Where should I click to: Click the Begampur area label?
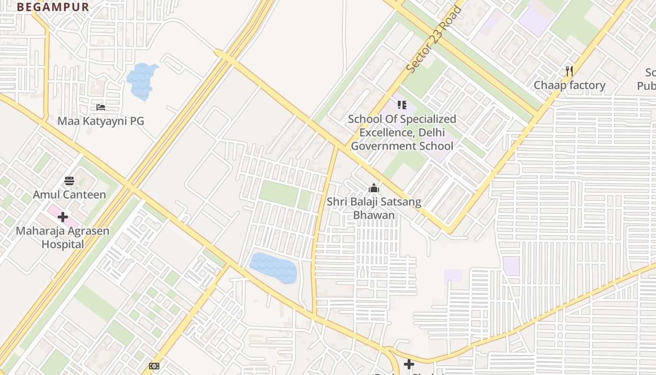coord(53,7)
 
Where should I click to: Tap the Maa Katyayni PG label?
coord(100,121)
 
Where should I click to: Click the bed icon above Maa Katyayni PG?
coord(100,107)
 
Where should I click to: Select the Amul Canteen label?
coord(69,194)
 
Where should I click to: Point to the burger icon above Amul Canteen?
coord(69,181)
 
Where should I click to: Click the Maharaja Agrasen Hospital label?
coord(62,237)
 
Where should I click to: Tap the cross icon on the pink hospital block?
coord(63,217)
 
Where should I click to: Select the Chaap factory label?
coord(569,85)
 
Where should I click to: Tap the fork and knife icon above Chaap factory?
coord(569,71)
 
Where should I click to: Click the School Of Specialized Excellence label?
coord(402,132)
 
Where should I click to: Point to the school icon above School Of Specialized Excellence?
coord(402,105)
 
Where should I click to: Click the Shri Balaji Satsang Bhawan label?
coord(373,209)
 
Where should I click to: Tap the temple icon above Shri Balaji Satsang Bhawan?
coord(373,188)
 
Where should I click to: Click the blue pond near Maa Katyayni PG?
coord(142,81)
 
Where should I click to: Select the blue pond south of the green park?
coord(274,268)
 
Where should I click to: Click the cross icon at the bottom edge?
coord(409,364)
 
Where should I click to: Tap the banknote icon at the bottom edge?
coord(154,366)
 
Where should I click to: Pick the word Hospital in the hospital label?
coord(62,244)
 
